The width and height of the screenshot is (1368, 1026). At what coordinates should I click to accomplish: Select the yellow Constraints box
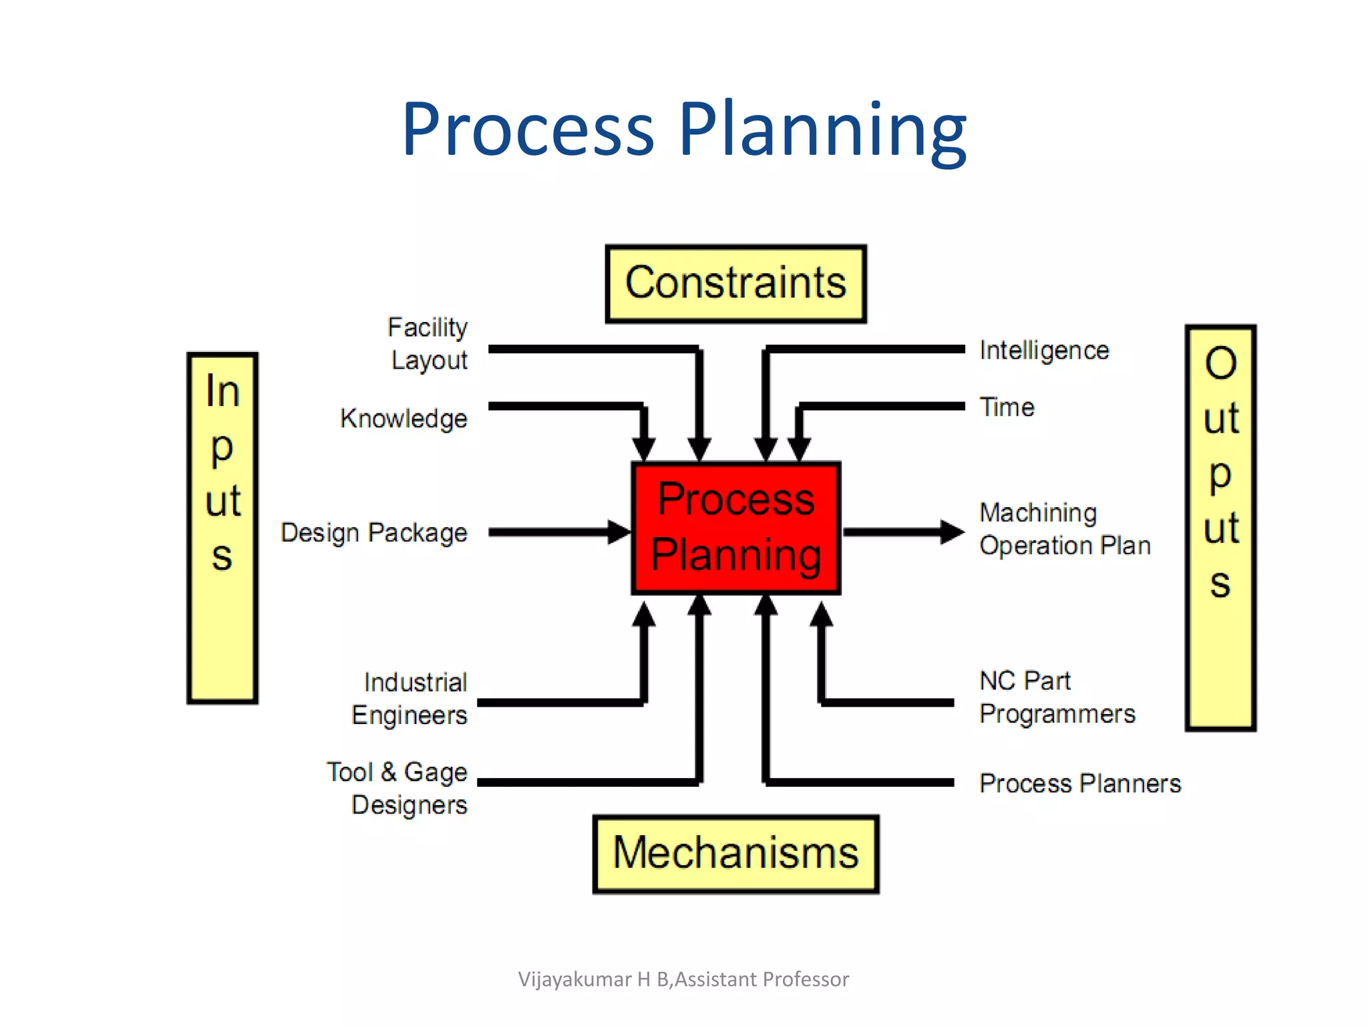(735, 283)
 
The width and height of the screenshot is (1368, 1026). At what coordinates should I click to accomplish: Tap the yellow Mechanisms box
(735, 854)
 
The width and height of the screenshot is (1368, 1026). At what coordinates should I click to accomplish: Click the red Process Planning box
(735, 528)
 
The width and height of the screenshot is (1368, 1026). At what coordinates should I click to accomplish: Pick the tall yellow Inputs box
(222, 528)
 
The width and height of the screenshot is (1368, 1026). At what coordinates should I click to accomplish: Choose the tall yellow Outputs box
(1220, 528)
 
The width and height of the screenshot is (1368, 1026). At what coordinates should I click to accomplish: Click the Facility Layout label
(428, 343)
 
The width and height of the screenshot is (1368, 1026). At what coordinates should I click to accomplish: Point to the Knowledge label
(403, 419)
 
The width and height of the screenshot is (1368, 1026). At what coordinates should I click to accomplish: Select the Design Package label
(374, 533)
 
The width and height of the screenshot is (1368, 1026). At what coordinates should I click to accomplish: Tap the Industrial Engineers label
(410, 699)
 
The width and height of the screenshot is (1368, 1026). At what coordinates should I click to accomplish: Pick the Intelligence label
(1044, 350)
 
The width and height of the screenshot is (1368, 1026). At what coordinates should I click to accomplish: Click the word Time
(1007, 407)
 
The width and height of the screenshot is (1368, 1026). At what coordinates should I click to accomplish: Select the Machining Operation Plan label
(1064, 529)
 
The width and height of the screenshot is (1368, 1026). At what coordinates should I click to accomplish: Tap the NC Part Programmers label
(1057, 697)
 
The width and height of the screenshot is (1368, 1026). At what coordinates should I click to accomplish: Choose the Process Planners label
(1079, 783)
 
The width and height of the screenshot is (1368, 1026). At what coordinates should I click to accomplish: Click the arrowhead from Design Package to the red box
(619, 532)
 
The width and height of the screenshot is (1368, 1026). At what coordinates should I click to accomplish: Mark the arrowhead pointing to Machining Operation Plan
(952, 532)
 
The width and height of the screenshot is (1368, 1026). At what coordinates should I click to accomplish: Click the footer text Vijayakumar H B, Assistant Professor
(683, 979)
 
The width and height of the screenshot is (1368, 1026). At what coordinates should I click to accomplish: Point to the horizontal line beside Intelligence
(868, 349)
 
